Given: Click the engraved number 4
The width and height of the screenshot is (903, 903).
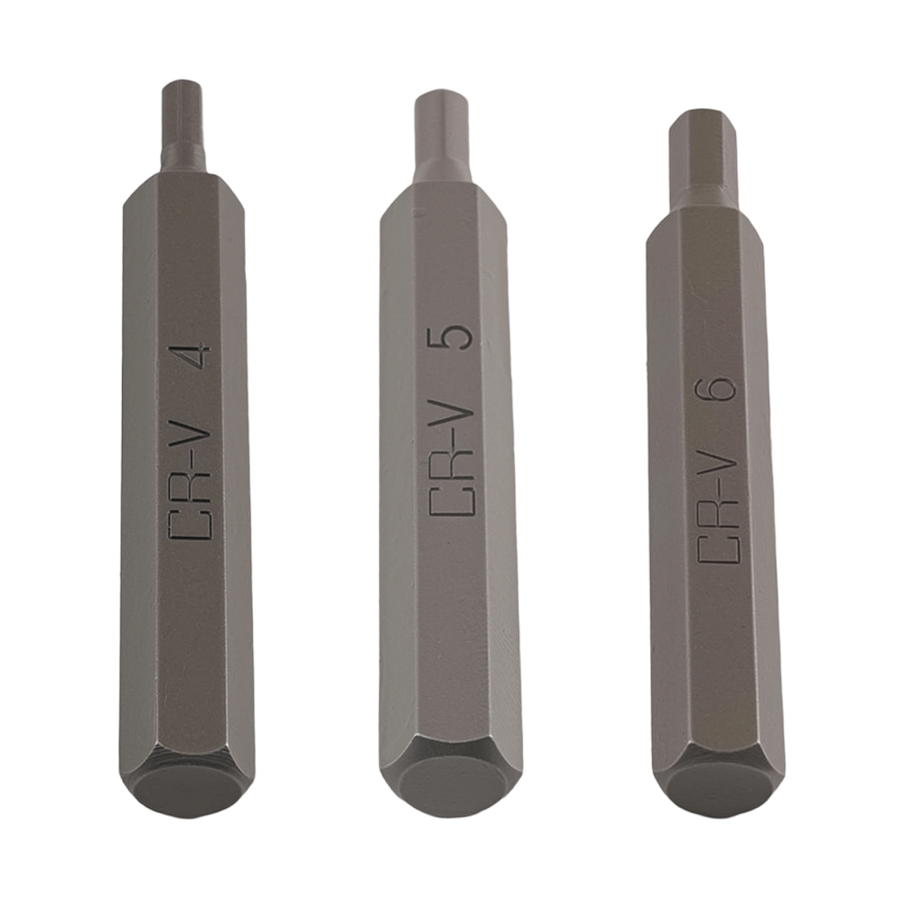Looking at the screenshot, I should tap(192, 358).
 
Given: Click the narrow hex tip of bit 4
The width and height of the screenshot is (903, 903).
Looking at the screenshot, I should tap(182, 122).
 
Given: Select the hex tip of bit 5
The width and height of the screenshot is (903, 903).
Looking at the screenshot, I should tap(442, 131).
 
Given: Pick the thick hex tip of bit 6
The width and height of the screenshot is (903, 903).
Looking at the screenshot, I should tap(703, 154).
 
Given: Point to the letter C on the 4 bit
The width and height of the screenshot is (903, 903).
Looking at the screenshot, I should tap(191, 526).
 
